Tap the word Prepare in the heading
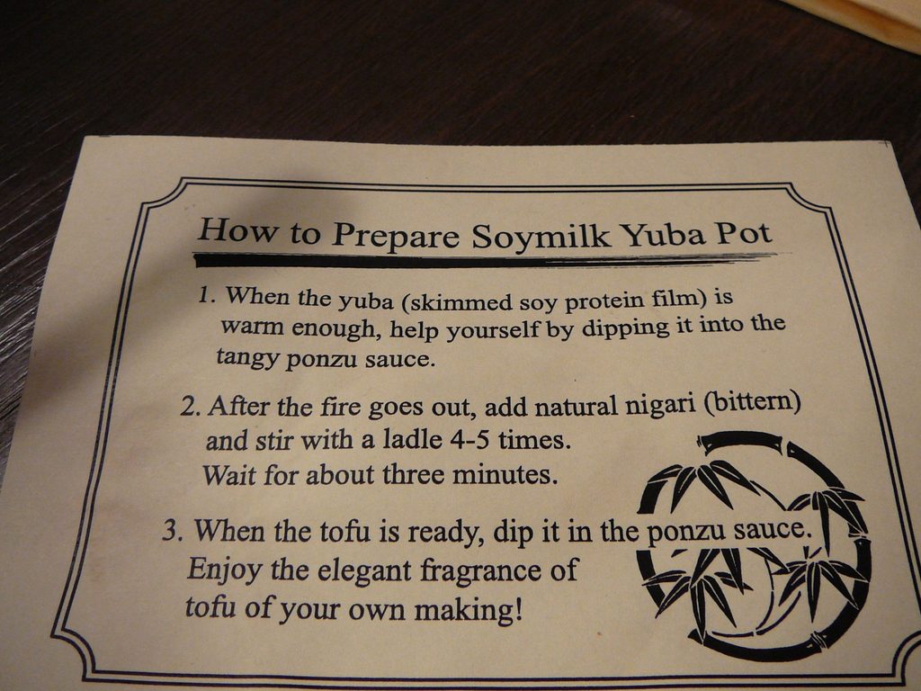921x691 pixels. coord(395,235)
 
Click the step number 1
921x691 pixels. coord(207,294)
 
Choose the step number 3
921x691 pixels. coord(173,530)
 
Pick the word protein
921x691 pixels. coord(604,301)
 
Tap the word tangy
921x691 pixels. coord(246,358)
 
